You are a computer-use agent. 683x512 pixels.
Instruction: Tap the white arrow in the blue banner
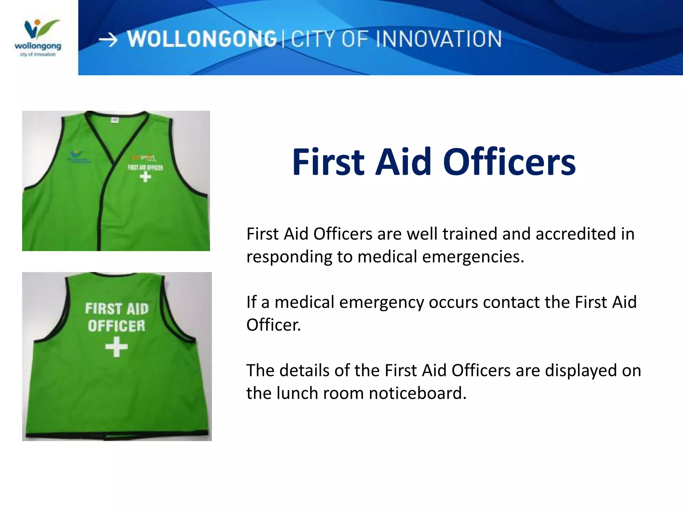(x=108, y=40)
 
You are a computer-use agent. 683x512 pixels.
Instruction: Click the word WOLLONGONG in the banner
(x=202, y=39)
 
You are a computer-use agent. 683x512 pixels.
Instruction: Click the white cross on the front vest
(x=145, y=176)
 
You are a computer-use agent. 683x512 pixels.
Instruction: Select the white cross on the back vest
(x=116, y=347)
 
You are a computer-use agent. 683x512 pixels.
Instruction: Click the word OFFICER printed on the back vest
(x=116, y=326)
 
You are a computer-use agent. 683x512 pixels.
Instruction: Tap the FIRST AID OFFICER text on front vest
(x=145, y=167)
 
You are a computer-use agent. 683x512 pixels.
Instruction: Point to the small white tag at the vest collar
(x=114, y=120)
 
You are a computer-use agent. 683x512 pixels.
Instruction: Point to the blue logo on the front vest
(x=77, y=157)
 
